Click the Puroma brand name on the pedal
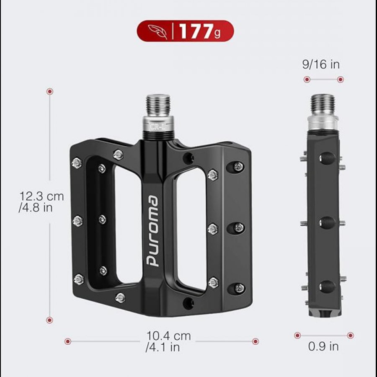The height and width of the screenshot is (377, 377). [x=152, y=230]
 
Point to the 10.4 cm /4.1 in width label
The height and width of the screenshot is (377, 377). [x=163, y=341]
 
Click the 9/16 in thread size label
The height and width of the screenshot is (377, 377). [x=321, y=64]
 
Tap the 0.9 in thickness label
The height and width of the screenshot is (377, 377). [x=323, y=346]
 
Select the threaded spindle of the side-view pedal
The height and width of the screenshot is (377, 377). [x=323, y=105]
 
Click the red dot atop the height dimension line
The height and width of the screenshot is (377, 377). [x=50, y=91]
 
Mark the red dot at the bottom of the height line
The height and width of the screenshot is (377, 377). [x=50, y=320]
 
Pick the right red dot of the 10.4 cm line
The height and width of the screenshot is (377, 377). [x=255, y=341]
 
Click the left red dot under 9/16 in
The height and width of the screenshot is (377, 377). [x=307, y=79]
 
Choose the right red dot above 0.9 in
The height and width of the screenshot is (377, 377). [x=350, y=335]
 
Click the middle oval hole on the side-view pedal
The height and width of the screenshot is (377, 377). [x=327, y=222]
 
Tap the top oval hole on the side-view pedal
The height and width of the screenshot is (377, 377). [x=327, y=158]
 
